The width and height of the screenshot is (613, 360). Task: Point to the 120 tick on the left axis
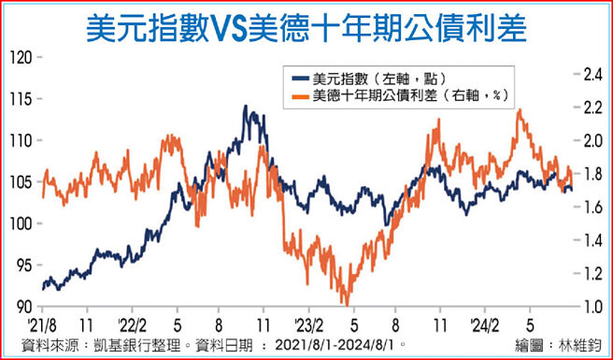(x=20, y=57)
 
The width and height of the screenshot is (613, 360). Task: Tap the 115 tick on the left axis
(x=20, y=99)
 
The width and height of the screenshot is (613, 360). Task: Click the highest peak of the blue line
(x=247, y=107)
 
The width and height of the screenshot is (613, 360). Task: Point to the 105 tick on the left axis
(x=20, y=182)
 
